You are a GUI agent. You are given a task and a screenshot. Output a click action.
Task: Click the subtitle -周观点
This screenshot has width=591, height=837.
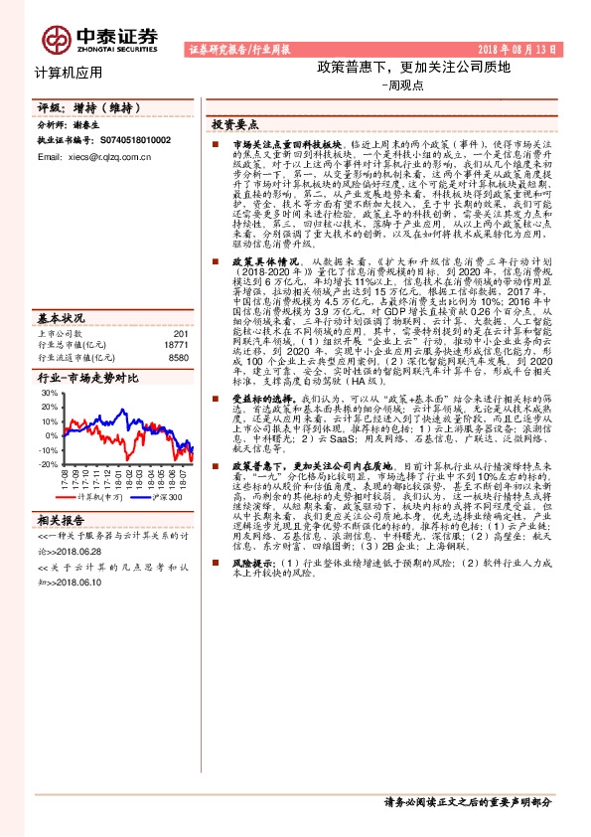[401, 85]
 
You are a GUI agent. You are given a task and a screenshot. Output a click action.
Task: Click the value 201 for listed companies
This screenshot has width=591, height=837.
[181, 334]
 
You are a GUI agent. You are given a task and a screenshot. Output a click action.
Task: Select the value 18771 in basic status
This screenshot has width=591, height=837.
[177, 346]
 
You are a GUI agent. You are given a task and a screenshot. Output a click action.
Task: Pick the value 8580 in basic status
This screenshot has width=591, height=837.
[179, 358]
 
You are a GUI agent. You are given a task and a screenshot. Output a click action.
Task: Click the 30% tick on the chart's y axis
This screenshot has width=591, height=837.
[48, 393]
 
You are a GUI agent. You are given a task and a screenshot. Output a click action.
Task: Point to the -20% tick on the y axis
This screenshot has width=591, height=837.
[47, 464]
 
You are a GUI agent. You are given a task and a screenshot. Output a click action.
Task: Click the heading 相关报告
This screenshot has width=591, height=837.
[62, 548]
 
